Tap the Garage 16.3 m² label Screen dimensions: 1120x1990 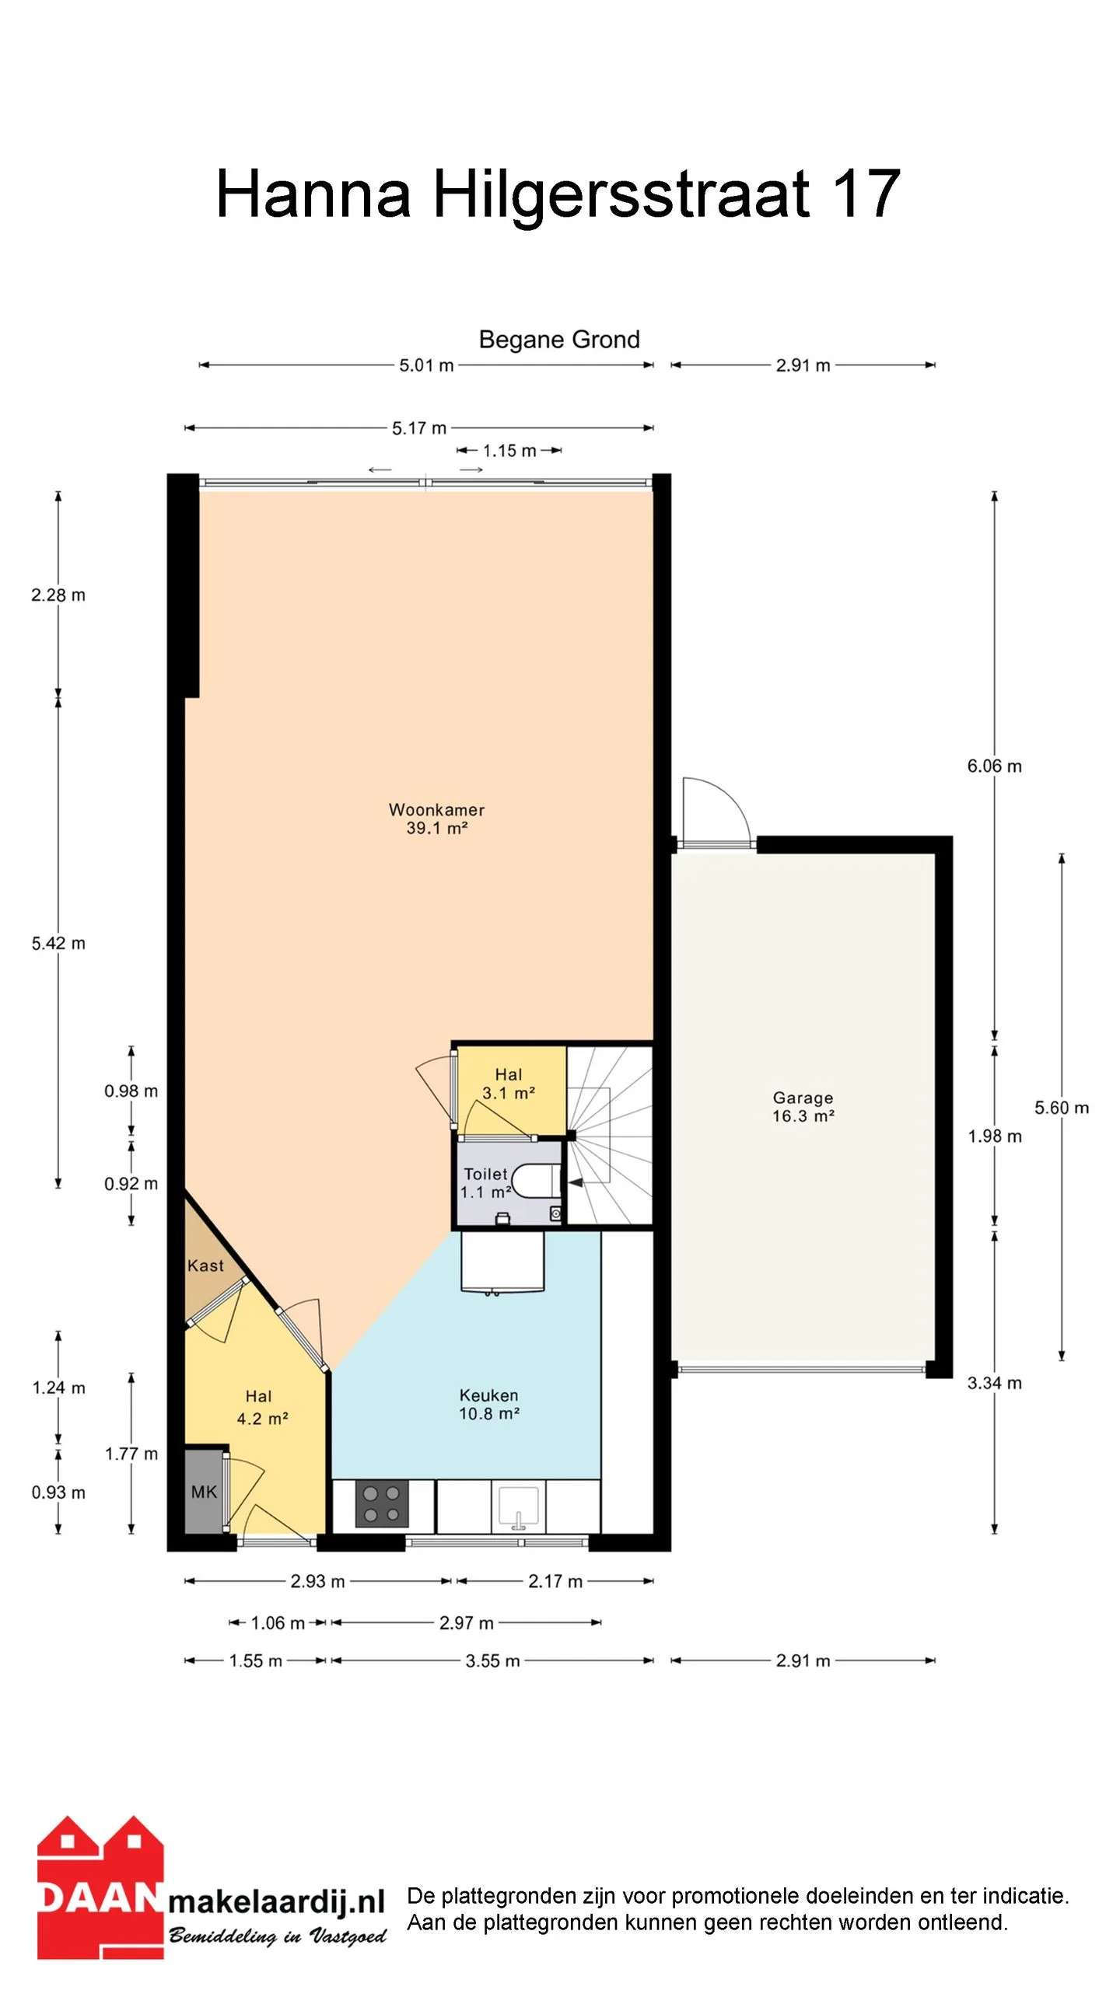tap(803, 1106)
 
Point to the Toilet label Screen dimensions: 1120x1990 tap(485, 1174)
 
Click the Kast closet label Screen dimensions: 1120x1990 tap(205, 1266)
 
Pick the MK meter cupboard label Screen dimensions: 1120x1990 tap(205, 1492)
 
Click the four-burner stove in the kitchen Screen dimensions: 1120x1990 tap(382, 1503)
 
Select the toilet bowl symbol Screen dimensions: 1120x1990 tap(536, 1181)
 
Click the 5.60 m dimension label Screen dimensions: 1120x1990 tap(1061, 1108)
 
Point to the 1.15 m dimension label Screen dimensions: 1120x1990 tap(509, 451)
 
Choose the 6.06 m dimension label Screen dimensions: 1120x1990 tap(994, 766)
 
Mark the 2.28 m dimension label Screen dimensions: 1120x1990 tap(58, 595)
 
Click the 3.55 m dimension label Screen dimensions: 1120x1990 tap(492, 1660)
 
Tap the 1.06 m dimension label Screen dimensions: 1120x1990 tap(278, 1622)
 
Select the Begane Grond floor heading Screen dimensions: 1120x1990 tap(559, 339)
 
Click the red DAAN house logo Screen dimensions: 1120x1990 tap(100, 1887)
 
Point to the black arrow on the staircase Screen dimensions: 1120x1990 tap(576, 1182)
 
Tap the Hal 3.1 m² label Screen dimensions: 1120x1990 tap(509, 1084)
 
